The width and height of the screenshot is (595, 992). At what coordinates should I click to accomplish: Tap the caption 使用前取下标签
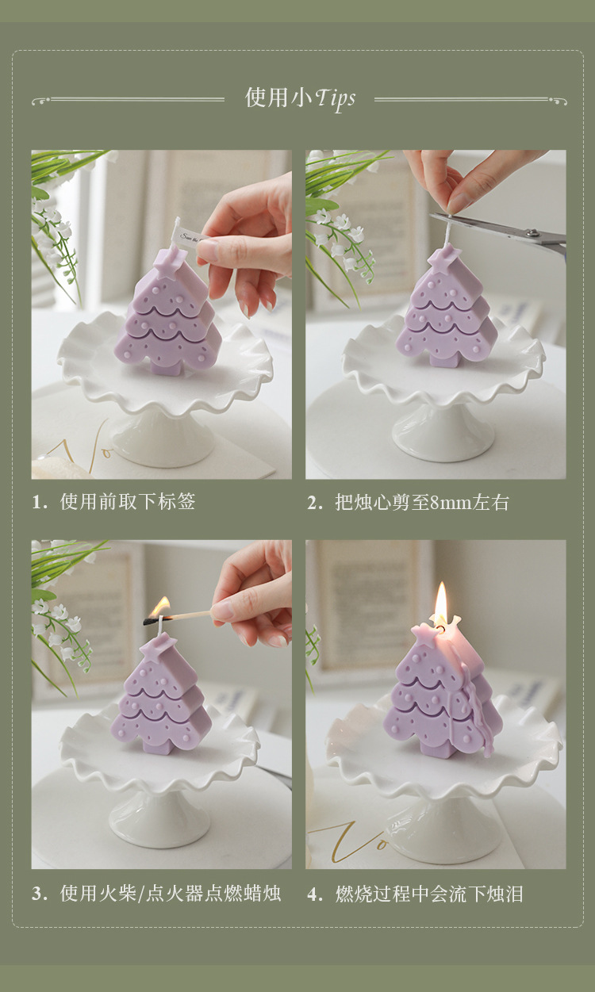tap(128, 502)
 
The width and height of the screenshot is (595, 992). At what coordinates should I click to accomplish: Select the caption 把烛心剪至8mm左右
tap(421, 502)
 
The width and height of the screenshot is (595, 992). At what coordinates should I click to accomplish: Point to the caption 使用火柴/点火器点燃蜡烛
tap(170, 894)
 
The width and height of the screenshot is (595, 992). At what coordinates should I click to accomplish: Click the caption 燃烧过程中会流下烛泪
tap(428, 894)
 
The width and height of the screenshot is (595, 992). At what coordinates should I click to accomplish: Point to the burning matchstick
tap(182, 615)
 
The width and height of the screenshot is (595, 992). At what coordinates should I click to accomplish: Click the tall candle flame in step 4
tap(440, 603)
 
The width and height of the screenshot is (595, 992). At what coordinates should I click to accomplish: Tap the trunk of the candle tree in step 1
tap(166, 366)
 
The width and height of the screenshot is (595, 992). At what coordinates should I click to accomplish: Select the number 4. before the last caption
tap(315, 894)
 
